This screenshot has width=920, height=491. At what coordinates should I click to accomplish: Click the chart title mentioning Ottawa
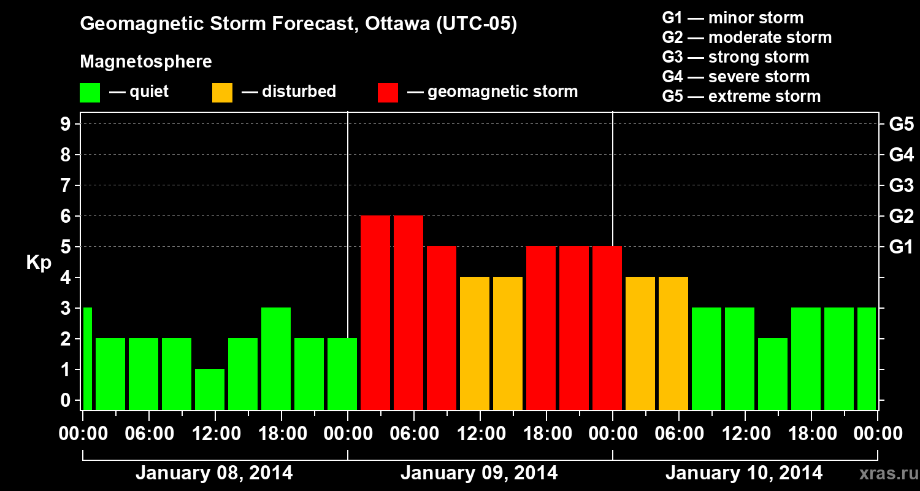pyautogui.click(x=298, y=24)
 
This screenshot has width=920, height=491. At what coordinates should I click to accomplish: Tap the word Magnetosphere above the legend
pyautogui.click(x=146, y=62)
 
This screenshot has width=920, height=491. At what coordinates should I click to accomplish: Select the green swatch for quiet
pyautogui.click(x=90, y=92)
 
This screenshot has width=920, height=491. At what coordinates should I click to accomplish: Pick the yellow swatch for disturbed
pyautogui.click(x=222, y=92)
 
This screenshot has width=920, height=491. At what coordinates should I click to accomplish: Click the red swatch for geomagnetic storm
pyautogui.click(x=388, y=92)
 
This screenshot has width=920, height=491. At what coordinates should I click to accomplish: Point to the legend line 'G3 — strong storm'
pyautogui.click(x=735, y=57)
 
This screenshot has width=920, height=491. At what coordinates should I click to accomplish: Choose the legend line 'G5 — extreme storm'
pyautogui.click(x=741, y=96)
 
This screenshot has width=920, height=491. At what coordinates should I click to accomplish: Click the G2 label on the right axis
pyautogui.click(x=901, y=216)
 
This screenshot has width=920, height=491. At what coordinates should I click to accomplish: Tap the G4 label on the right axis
pyautogui.click(x=901, y=155)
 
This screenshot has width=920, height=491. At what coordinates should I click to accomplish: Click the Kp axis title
pyautogui.click(x=39, y=263)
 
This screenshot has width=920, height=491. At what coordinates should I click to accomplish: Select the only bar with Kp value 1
pyautogui.click(x=210, y=389)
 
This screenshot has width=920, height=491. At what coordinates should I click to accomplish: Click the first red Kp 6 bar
pyautogui.click(x=375, y=312)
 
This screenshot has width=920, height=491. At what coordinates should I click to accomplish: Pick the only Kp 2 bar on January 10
pyautogui.click(x=773, y=374)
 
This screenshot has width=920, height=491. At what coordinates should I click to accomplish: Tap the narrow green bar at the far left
pyautogui.click(x=87, y=358)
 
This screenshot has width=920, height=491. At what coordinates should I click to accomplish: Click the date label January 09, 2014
pyautogui.click(x=479, y=473)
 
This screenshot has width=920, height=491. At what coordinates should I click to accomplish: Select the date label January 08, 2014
pyautogui.click(x=214, y=473)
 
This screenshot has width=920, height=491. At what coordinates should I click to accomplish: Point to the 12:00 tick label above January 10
pyautogui.click(x=745, y=434)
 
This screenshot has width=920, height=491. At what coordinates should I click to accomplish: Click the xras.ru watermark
pyautogui.click(x=888, y=474)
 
